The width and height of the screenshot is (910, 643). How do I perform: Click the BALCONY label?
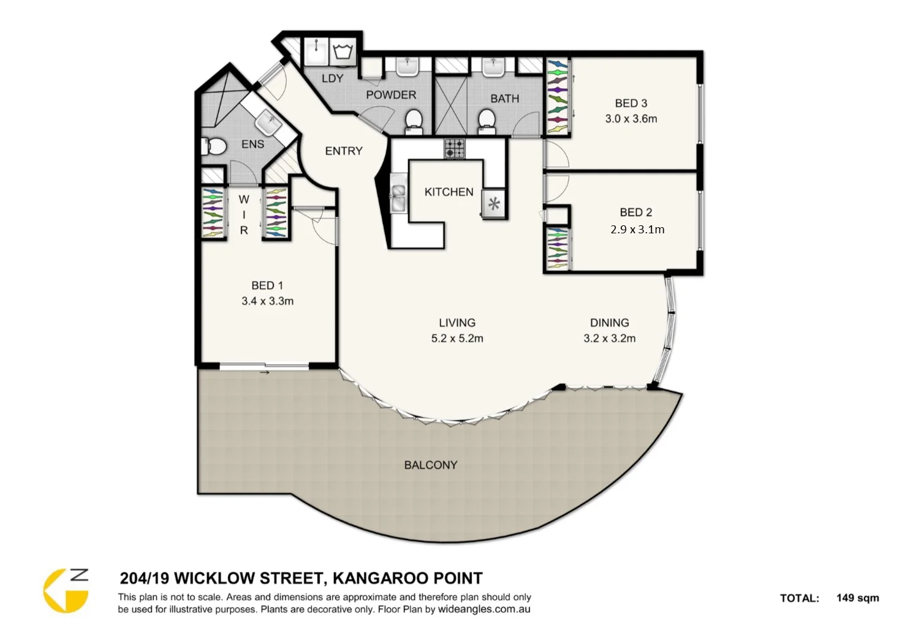click(430, 465)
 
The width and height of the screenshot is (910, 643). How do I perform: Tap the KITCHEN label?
click(449, 192)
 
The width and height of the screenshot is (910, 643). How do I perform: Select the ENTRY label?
click(343, 151)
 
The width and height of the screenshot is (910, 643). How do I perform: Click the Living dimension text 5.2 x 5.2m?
click(457, 338)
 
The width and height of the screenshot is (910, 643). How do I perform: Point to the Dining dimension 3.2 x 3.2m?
click(609, 338)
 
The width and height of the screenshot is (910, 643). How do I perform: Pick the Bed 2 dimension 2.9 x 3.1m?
click(637, 230)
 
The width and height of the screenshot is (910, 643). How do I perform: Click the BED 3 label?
click(631, 103)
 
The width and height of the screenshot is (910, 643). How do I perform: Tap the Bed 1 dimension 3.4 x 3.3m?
click(267, 301)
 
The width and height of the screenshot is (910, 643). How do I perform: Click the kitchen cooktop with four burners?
click(454, 148)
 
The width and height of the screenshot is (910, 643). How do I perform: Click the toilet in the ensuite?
click(213, 146)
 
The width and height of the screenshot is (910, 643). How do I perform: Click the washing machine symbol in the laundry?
click(343, 51)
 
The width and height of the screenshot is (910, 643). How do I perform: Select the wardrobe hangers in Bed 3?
click(557, 96)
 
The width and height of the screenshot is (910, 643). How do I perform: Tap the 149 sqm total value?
click(857, 598)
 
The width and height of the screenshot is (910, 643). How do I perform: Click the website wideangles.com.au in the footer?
click(484, 609)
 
